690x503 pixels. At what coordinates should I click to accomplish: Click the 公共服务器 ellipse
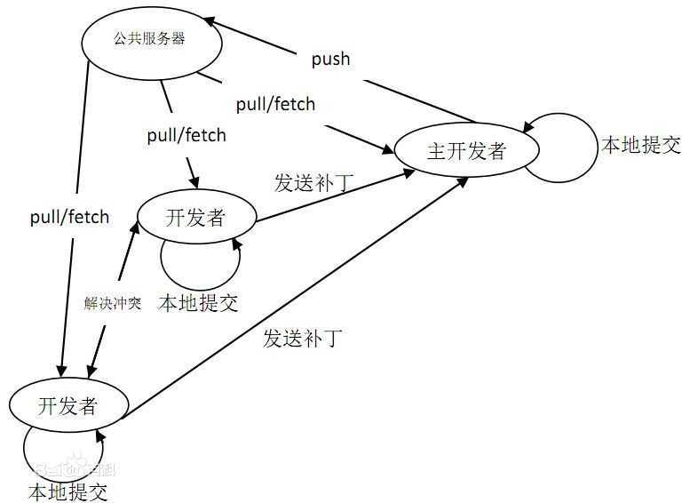pos(150,41)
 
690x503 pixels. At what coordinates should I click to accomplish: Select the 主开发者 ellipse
pos(466,150)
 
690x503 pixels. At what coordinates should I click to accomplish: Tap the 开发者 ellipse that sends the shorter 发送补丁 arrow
pos(196,218)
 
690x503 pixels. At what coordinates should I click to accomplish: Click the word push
pos(330,60)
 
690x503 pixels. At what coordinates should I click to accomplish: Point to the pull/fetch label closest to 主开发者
pos(275,104)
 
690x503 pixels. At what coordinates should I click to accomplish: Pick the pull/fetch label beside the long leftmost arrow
pos(69,217)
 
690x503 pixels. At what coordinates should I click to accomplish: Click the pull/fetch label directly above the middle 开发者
pos(186,135)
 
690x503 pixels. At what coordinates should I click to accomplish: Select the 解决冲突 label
pos(113,303)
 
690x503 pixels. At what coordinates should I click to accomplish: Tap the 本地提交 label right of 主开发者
pos(641,146)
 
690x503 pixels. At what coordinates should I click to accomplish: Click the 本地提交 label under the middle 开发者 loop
pos(198,303)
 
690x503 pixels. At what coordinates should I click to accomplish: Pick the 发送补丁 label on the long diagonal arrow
pos(303,339)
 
